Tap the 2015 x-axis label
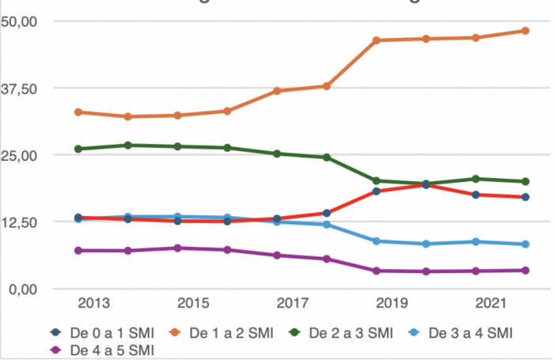(192, 305)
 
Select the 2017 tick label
(293, 305)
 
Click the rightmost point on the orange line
(526, 31)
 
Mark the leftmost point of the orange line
(78, 112)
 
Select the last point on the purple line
(526, 270)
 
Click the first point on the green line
(78, 149)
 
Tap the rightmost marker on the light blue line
(526, 244)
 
